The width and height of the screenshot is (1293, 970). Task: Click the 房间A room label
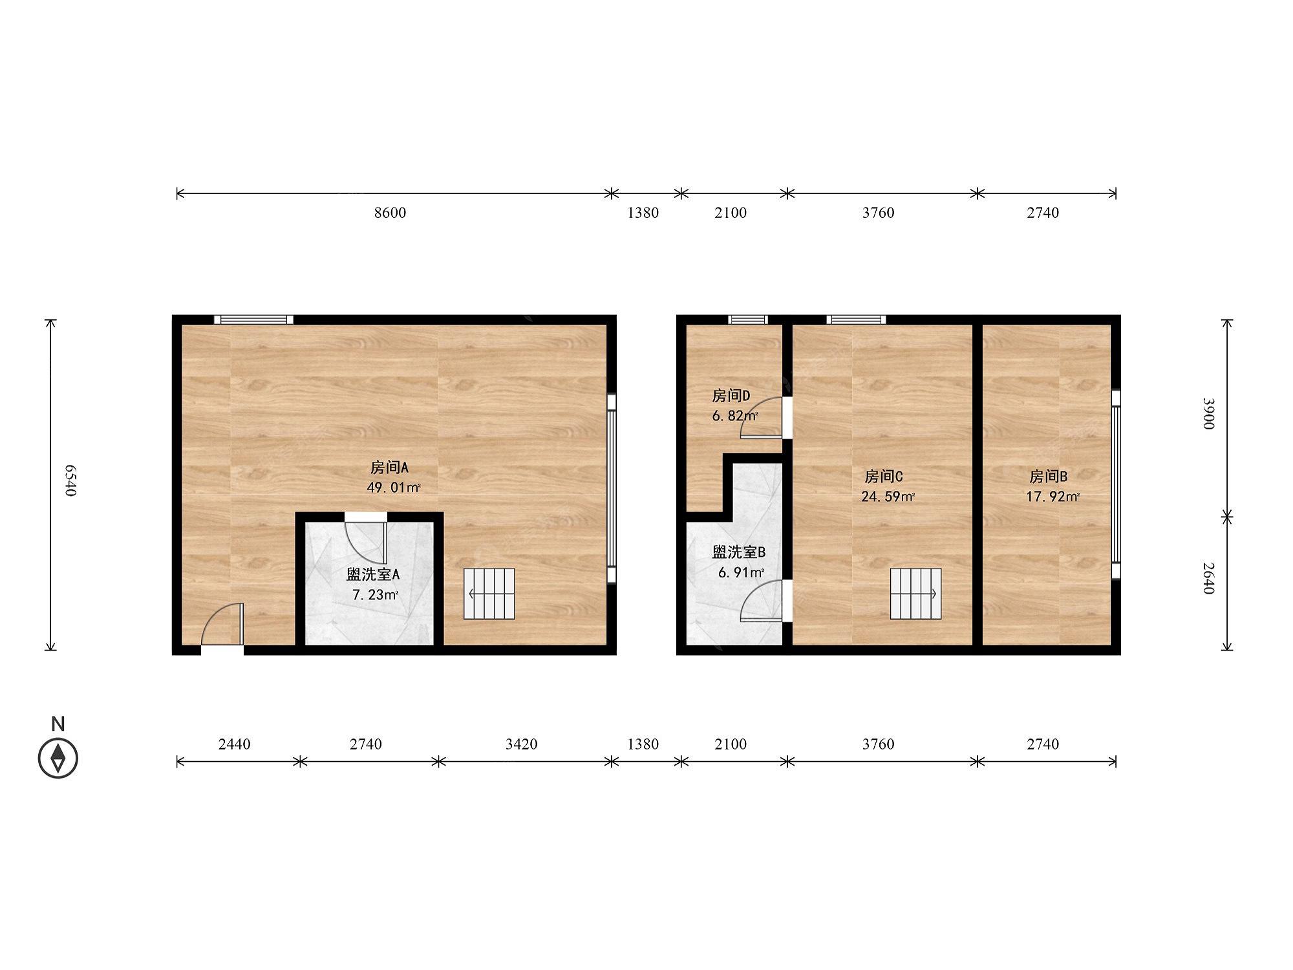coord(389,467)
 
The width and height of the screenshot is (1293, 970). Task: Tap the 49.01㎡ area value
coord(394,487)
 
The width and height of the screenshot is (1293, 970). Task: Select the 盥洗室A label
coord(373,574)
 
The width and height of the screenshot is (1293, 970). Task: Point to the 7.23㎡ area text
coord(376,594)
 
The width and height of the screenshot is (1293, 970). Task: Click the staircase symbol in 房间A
coord(489,594)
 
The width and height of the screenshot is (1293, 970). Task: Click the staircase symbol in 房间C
coord(915,594)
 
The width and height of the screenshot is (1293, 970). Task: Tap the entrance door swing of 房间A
coord(222,625)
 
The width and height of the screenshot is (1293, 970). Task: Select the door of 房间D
coord(762,418)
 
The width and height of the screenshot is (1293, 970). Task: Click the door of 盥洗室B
coord(762,601)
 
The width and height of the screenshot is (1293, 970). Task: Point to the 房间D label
coord(731,395)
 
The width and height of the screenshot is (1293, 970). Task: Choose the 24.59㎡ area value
coord(888,497)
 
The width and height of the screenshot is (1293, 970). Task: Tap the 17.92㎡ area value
coord(1053,497)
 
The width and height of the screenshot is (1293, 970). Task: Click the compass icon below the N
coord(58,758)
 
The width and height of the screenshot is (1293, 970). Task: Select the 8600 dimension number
coord(390,213)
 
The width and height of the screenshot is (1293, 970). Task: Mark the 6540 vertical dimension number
coord(70,480)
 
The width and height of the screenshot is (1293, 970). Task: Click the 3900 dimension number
coord(1208,414)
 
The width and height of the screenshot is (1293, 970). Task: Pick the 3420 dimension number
coord(521,744)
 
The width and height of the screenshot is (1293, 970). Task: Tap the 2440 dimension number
coord(234,744)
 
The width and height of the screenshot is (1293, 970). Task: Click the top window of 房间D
coord(748,319)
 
